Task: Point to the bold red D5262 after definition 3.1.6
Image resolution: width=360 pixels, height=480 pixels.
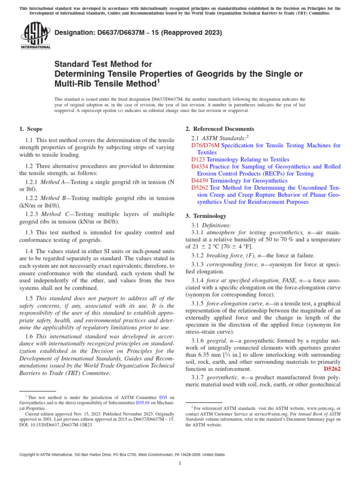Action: click(332, 369)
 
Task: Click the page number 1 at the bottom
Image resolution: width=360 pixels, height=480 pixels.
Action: click(180, 464)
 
